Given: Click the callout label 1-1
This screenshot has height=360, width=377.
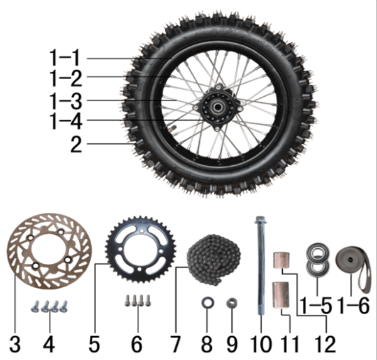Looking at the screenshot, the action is click(65, 58).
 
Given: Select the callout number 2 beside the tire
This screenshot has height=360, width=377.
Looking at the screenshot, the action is click(76, 145).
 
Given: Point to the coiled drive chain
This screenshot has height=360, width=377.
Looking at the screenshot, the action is click(214, 259).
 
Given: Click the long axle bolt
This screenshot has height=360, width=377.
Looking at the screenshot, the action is click(261, 266).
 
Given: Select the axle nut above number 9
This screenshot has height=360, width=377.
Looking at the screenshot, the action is click(232, 303).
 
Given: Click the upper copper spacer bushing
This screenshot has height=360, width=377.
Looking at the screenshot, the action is click(281, 260).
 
